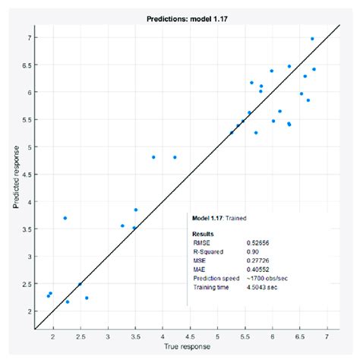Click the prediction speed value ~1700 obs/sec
pos(267,278)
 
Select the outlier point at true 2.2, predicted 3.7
pos(65,218)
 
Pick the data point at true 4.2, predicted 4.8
pos(175,157)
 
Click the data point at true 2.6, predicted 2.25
pos(87,298)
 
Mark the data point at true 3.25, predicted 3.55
pos(122,226)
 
